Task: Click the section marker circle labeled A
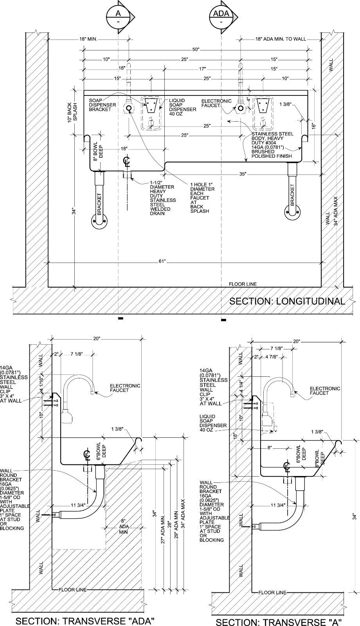[x=118, y=17]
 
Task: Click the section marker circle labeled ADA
[x=221, y=17]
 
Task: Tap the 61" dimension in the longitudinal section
[x=162, y=261]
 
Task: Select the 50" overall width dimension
[x=196, y=49]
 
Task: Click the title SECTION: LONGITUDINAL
[x=287, y=301]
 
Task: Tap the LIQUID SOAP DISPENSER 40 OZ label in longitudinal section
[x=182, y=107]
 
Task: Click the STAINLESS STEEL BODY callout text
[x=272, y=145]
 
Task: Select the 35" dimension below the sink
[x=243, y=174]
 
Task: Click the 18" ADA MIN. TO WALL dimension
[x=281, y=39]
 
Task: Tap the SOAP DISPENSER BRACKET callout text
[x=102, y=105]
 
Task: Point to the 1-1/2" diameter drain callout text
[x=163, y=198]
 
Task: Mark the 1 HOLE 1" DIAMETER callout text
[x=202, y=198]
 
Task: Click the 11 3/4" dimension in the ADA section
[x=78, y=505]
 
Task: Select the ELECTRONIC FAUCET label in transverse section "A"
[x=325, y=391]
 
